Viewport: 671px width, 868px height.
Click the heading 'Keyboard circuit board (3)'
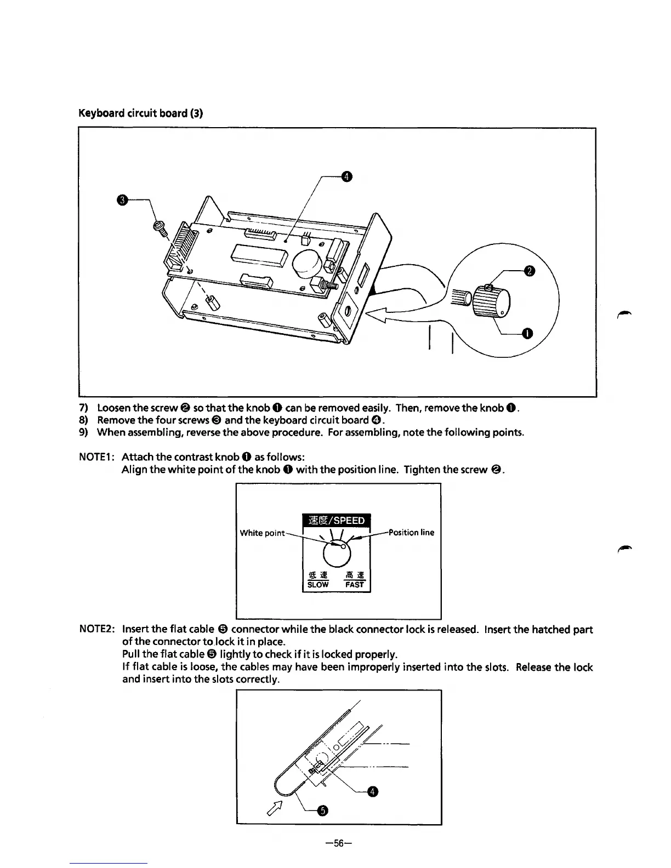click(141, 114)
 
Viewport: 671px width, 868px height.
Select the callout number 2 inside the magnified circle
click(529, 270)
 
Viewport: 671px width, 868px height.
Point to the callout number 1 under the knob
click(527, 333)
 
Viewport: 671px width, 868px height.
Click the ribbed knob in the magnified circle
click(491, 300)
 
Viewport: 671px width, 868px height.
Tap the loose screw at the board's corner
click(159, 227)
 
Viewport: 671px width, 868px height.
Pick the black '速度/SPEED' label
click(337, 520)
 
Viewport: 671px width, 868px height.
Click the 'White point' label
click(262, 533)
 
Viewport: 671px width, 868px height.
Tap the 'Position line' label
click(411, 532)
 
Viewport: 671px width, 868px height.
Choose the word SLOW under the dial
click(318, 585)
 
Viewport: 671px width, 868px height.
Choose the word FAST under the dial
click(355, 585)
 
